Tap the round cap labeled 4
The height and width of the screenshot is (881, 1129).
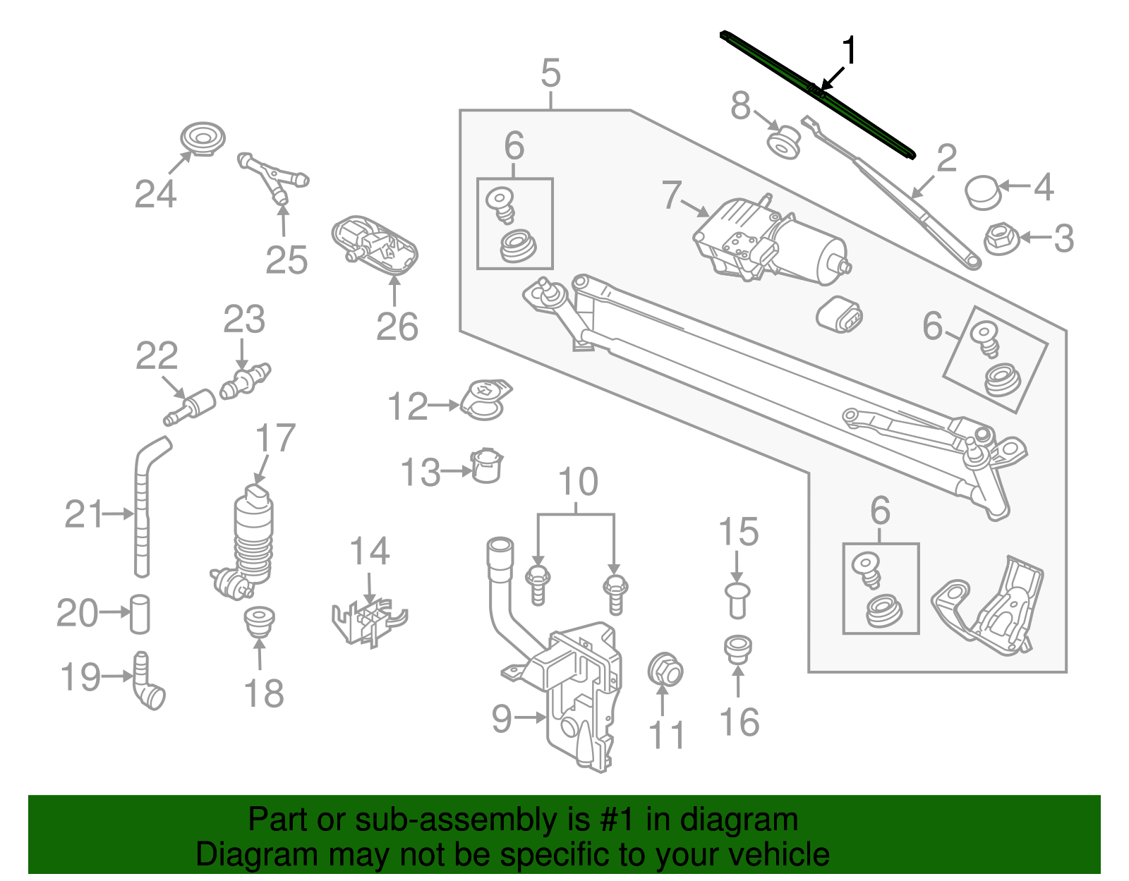(x=982, y=192)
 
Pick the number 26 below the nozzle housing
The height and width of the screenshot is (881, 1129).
(x=397, y=327)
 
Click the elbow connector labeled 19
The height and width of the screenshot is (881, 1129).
(x=147, y=682)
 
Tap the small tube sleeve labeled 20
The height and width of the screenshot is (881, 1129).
(x=140, y=614)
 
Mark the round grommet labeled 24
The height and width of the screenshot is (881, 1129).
(x=203, y=138)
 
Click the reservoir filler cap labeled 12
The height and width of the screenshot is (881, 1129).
(x=485, y=399)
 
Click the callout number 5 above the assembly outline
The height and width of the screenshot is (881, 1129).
(x=550, y=73)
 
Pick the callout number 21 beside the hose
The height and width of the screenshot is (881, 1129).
(x=83, y=514)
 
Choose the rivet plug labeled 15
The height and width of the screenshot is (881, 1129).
(x=737, y=599)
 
